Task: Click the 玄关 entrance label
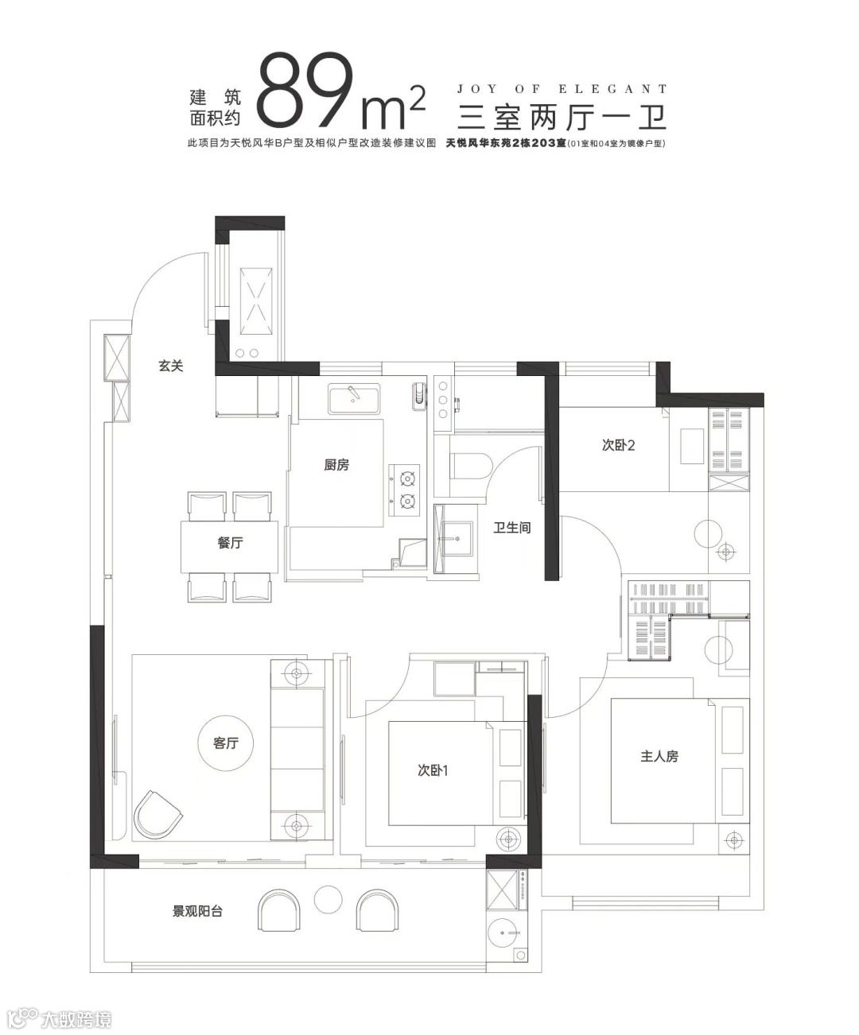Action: point(171,366)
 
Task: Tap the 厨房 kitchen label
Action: point(336,464)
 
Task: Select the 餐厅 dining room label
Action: point(230,543)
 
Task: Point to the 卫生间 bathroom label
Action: point(512,527)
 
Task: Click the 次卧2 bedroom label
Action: point(619,445)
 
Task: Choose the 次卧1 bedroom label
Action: point(433,770)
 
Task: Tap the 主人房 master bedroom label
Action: point(659,757)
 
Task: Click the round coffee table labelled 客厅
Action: point(226,743)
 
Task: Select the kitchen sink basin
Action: point(354,398)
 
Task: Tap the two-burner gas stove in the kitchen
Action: point(404,490)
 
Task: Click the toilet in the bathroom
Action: point(470,466)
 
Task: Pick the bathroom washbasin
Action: point(457,538)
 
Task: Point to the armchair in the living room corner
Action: point(157,815)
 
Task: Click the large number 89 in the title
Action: point(305,89)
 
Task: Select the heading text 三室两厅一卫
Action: point(562,117)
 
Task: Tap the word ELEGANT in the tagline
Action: point(613,89)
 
